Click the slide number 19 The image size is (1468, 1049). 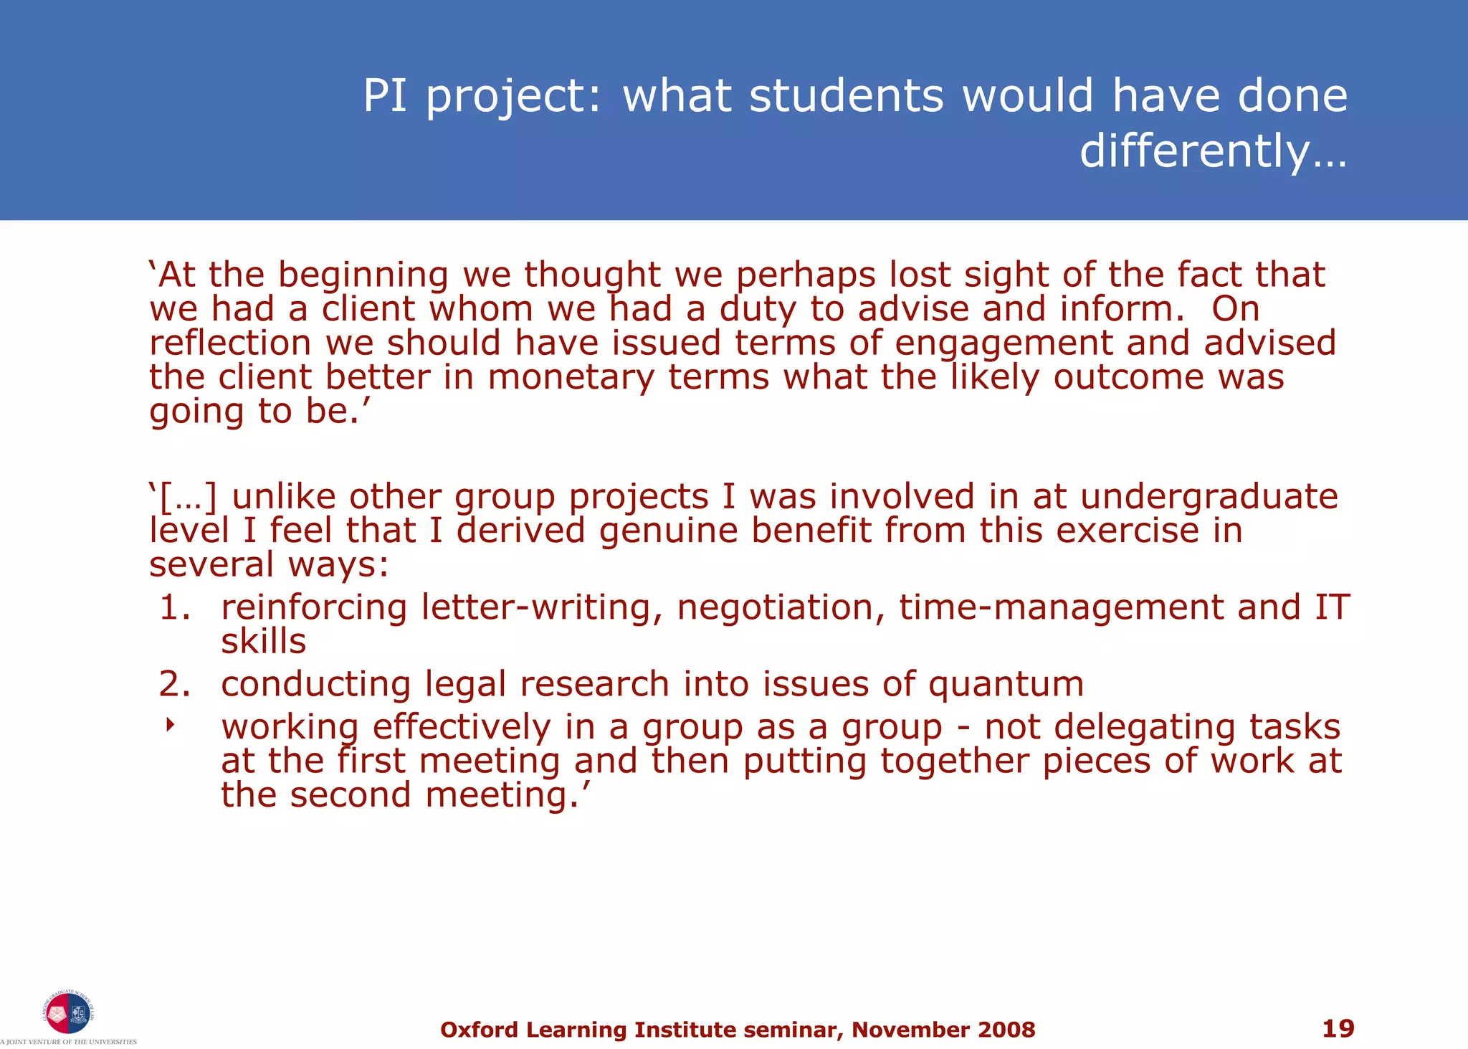click(1338, 1028)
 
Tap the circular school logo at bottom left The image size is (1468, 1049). click(67, 1013)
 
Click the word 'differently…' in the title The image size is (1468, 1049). click(1213, 151)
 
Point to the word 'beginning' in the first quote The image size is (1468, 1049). click(363, 276)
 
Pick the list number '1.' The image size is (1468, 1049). click(175, 607)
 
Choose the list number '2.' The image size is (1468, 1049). click(175, 684)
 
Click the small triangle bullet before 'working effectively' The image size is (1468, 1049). click(170, 726)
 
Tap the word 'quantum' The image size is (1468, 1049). click(1006, 684)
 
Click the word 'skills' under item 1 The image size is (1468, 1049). click(263, 641)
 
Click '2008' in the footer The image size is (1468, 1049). click(1006, 1030)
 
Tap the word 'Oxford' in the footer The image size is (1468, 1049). click(479, 1030)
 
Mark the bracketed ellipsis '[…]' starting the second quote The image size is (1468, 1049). click(188, 497)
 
